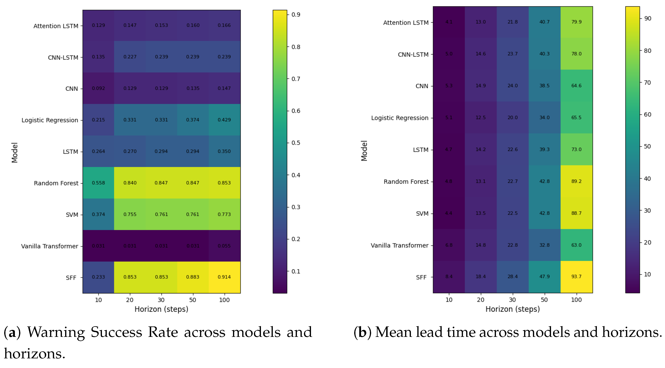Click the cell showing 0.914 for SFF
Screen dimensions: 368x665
(x=224, y=277)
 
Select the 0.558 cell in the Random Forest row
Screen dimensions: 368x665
(x=98, y=183)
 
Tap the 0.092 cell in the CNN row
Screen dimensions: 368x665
(x=98, y=88)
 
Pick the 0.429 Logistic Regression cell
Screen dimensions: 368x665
(x=224, y=120)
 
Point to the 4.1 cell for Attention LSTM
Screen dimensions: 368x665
(x=449, y=22)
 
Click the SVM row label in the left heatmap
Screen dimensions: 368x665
(x=72, y=215)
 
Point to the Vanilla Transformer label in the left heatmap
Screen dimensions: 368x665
(x=50, y=246)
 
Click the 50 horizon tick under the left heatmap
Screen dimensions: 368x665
(x=193, y=300)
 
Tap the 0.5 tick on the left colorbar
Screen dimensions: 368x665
(x=296, y=143)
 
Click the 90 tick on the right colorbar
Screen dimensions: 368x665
(x=648, y=18)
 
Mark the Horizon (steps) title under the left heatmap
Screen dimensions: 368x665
(x=161, y=309)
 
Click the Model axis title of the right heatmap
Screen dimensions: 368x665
(x=364, y=151)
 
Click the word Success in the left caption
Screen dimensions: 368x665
(x=116, y=332)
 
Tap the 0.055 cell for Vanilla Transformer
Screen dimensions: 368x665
(x=224, y=246)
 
